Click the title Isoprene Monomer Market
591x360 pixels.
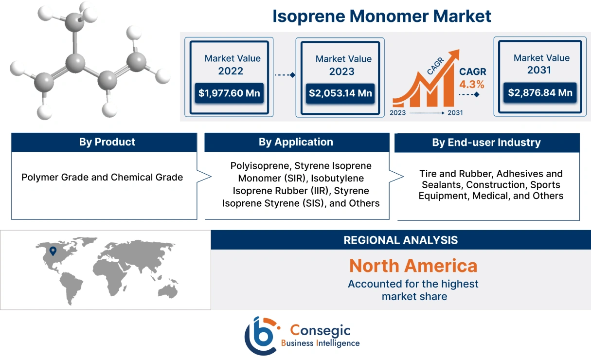tap(381, 16)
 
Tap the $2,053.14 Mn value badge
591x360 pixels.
tap(339, 93)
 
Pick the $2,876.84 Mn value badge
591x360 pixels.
tap(540, 92)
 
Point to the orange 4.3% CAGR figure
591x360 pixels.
tap(472, 84)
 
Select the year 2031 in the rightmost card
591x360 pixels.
tap(539, 70)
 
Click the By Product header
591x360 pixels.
tap(107, 142)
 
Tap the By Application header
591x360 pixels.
tap(296, 142)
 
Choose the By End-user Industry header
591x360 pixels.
tap(486, 143)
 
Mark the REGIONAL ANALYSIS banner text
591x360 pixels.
tap(400, 240)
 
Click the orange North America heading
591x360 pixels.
tap(413, 266)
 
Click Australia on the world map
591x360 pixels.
tap(171, 290)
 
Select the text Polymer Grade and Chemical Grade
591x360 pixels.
tap(102, 177)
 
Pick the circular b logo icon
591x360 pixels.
tap(261, 335)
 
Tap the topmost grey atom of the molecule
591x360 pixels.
tap(74, 22)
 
